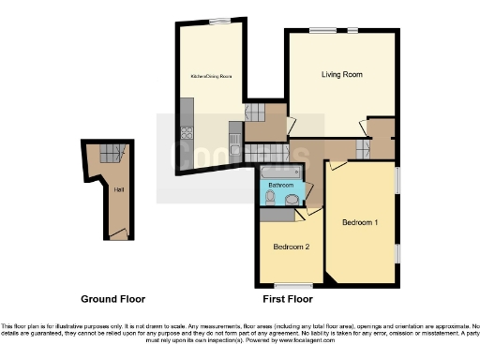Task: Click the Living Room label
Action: [342, 74]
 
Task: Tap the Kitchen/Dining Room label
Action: [212, 76]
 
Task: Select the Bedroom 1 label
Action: [360, 222]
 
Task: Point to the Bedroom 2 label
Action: [291, 247]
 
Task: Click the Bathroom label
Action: [281, 186]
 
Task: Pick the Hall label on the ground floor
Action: [119, 190]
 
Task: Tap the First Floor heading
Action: [287, 299]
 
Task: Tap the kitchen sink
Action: [234, 142]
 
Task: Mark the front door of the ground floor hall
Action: [117, 235]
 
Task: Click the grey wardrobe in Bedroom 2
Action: [277, 216]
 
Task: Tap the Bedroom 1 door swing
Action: [336, 165]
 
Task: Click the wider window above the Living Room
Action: [323, 31]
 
